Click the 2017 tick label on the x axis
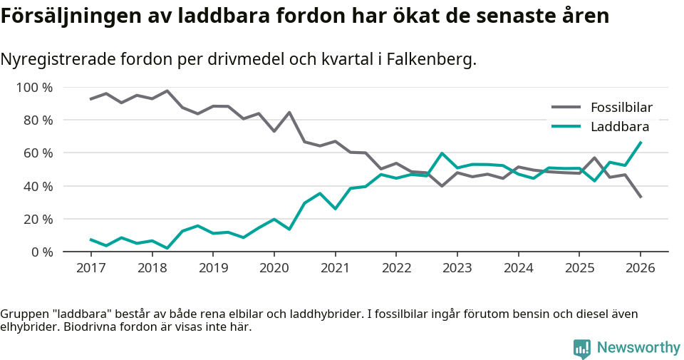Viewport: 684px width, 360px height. point(90,268)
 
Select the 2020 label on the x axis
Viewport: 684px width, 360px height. point(274,268)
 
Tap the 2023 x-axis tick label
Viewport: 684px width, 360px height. point(457,268)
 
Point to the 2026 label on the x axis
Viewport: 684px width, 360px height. point(640,268)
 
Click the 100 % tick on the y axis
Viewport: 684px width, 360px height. point(35,88)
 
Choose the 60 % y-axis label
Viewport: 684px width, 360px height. point(38,153)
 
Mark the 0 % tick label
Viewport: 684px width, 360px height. point(41,252)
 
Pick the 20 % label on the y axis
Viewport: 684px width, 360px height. point(38,219)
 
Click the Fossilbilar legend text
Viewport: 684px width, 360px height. point(621,108)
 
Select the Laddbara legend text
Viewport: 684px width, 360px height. point(619,127)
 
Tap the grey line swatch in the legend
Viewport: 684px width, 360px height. point(566,108)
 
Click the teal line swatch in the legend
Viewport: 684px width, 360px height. point(566,127)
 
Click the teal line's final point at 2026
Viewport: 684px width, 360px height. point(641,143)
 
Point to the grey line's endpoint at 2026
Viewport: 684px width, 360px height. point(641,197)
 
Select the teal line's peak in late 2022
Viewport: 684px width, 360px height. point(442,153)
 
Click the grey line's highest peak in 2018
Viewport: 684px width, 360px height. point(167,91)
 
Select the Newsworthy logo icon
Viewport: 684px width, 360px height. point(581,348)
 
